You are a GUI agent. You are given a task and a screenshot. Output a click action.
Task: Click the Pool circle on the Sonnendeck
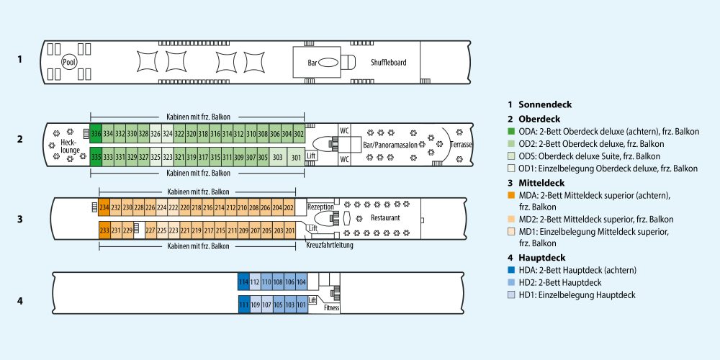pyautogui.click(x=69, y=63)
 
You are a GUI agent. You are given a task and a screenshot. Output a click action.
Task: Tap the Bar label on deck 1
pyautogui.click(x=312, y=63)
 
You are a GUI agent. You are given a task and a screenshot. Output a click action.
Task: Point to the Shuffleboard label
pyautogui.click(x=389, y=63)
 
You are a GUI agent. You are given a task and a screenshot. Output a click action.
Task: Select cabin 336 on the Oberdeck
pyautogui.click(x=96, y=134)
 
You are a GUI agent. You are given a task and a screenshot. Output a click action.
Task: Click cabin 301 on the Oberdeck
pyautogui.click(x=296, y=157)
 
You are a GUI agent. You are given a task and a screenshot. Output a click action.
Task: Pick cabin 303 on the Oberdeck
pyautogui.click(x=277, y=157)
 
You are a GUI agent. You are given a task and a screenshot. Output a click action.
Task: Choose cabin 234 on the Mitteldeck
pyautogui.click(x=104, y=207)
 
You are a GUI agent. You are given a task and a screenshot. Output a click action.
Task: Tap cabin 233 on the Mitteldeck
pyautogui.click(x=104, y=230)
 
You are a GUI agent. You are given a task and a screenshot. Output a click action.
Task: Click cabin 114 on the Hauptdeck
pyautogui.click(x=243, y=282)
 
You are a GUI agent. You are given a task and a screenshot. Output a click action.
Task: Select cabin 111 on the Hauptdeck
pyautogui.click(x=243, y=305)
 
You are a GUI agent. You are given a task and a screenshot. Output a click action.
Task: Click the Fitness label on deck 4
pyautogui.click(x=331, y=308)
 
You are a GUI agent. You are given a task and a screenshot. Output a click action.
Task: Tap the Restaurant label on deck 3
pyautogui.click(x=384, y=217)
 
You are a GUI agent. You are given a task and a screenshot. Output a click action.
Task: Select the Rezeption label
pyautogui.click(x=320, y=207)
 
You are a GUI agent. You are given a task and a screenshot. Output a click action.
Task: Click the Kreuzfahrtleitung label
pyautogui.click(x=329, y=245)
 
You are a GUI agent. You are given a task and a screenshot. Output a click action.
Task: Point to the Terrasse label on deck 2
pyautogui.click(x=462, y=145)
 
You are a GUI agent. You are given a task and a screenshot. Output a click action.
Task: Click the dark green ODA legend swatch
pyautogui.click(x=511, y=132)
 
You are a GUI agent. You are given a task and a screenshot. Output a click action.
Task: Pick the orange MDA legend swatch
pyautogui.click(x=511, y=195)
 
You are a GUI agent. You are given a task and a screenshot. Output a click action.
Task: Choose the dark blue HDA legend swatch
pyautogui.click(x=511, y=270)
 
